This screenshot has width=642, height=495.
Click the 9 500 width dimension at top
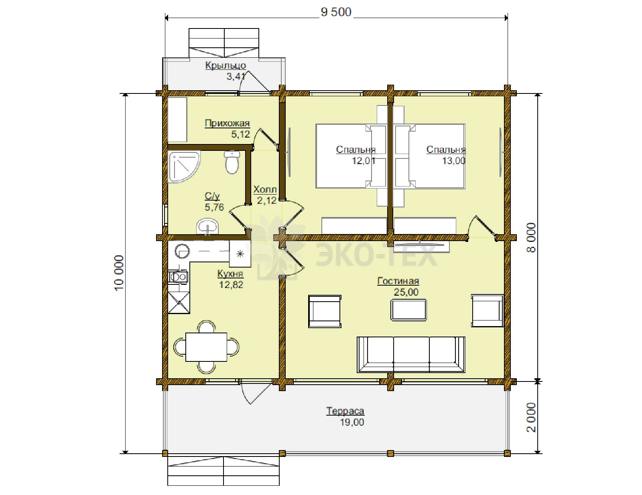(x=336, y=12)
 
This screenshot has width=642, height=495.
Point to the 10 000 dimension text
(x=119, y=273)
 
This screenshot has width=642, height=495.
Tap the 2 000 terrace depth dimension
(x=531, y=417)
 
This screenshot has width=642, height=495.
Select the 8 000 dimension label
(x=531, y=237)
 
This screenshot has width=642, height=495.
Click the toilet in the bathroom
(x=232, y=162)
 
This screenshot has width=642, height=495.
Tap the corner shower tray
(x=184, y=166)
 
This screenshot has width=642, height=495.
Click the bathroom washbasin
(x=207, y=227)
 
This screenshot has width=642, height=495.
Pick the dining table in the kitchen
(x=206, y=347)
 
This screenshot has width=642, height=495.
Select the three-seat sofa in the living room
(x=411, y=355)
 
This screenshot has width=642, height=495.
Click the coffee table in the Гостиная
(x=408, y=310)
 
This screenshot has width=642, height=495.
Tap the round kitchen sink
(x=182, y=251)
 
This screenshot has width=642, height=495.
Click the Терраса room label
(x=345, y=411)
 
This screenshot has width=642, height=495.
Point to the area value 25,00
(x=406, y=292)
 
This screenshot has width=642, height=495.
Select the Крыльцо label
(x=226, y=65)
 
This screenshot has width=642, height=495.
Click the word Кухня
(x=230, y=274)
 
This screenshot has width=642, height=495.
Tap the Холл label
(x=265, y=189)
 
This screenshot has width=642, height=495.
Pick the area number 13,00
(x=454, y=161)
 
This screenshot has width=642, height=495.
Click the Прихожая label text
(x=227, y=123)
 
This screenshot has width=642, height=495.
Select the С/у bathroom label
(x=212, y=196)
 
